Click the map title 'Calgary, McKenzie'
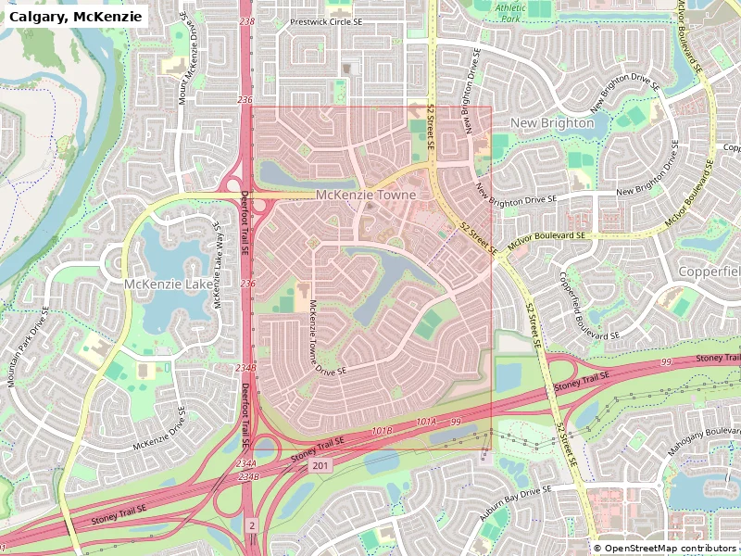[76, 17]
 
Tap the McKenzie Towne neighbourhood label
[366, 196]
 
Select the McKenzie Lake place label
[168, 284]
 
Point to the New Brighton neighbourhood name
[552, 122]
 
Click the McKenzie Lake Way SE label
[217, 264]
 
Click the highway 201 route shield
[320, 465]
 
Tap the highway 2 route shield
[251, 525]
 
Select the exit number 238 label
[245, 20]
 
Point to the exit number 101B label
[382, 431]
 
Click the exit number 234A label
[245, 463]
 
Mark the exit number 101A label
[425, 422]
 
